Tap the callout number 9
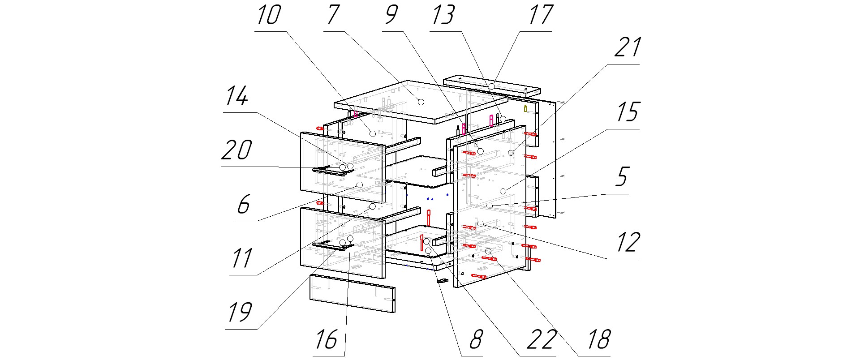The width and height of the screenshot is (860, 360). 391,15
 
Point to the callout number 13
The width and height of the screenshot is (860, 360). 443,15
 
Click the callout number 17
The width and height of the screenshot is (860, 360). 541,15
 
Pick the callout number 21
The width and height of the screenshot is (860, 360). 627,47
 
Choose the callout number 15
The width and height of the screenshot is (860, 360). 627,112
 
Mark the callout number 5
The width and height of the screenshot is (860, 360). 622,177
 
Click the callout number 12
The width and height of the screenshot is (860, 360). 628,242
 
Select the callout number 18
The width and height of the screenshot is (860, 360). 598,339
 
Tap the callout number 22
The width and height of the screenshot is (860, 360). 542,339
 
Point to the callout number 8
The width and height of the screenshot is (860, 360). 476,339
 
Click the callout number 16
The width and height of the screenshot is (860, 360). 326,339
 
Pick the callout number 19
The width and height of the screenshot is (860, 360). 240,312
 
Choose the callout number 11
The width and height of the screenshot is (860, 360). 242,258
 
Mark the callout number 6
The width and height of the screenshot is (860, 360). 243,204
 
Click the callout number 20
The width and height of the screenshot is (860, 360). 236,150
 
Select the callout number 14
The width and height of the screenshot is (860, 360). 236,96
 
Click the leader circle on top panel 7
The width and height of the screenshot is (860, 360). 421,102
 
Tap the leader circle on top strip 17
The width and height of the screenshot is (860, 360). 491,86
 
